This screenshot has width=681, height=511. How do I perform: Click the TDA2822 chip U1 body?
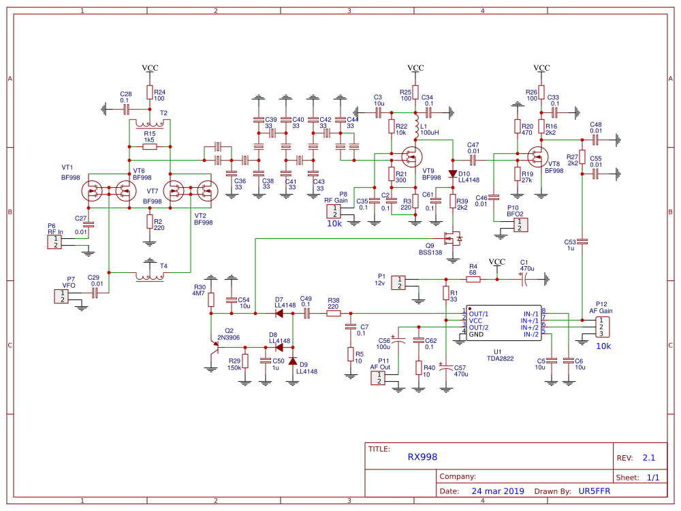(503, 324)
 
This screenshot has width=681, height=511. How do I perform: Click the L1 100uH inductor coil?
(415, 129)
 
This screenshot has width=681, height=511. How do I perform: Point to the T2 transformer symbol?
(150, 122)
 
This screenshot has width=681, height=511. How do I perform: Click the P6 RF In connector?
(52, 242)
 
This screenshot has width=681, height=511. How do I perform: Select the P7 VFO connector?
(62, 296)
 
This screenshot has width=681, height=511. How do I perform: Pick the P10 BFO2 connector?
(520, 225)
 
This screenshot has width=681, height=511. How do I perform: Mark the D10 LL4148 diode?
(452, 174)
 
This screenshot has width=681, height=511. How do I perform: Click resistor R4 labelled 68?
(473, 279)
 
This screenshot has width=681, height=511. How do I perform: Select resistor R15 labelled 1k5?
(150, 146)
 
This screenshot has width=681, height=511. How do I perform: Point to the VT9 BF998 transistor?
(411, 158)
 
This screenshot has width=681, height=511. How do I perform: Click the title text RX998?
(422, 457)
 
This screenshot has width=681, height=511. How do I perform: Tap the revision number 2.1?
(648, 458)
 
